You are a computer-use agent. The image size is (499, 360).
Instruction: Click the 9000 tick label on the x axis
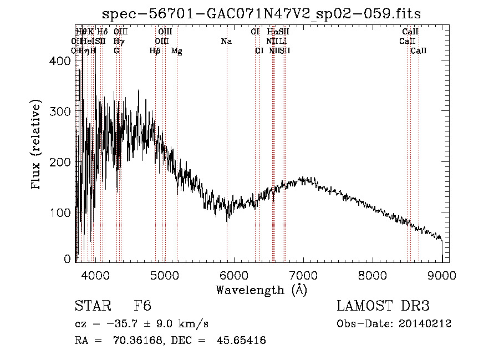[x=442, y=276]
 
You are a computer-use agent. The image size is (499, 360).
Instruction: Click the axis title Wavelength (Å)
[x=261, y=290]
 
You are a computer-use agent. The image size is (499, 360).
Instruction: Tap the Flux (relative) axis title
[x=37, y=145]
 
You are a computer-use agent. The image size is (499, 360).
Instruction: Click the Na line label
[x=226, y=41]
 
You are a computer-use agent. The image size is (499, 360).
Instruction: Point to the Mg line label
[x=177, y=51]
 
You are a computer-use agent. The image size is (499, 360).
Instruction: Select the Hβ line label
[x=155, y=51]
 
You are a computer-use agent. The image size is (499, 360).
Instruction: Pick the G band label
[x=116, y=51]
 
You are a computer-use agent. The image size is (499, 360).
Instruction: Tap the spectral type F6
[x=142, y=306]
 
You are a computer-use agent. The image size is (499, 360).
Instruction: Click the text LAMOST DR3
[x=383, y=306]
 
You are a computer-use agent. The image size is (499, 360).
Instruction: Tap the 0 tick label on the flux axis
[x=68, y=258]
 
